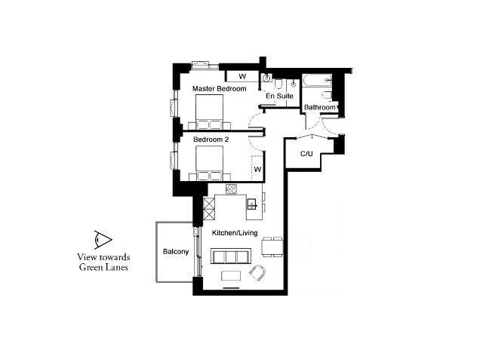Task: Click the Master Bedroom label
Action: pyautogui.click(x=220, y=89)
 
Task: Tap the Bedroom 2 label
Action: pyautogui.click(x=211, y=140)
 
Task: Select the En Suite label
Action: pyautogui.click(x=280, y=96)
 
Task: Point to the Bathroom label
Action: pyautogui.click(x=320, y=107)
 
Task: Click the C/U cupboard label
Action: pyautogui.click(x=306, y=153)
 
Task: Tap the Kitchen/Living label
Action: pyautogui.click(x=235, y=233)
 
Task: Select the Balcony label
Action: pyautogui.click(x=176, y=251)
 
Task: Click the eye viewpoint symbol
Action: pyautogui.click(x=103, y=240)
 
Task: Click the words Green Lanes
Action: pyautogui.click(x=103, y=267)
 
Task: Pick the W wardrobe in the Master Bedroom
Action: pyautogui.click(x=242, y=76)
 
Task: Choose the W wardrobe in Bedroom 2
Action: pyautogui.click(x=257, y=169)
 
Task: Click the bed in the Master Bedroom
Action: pyautogui.click(x=210, y=112)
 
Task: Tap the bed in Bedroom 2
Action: pyautogui.click(x=210, y=163)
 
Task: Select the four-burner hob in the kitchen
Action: pyautogui.click(x=231, y=189)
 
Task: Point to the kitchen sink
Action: pyautogui.click(x=252, y=204)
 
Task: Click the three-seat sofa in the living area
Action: pyautogui.click(x=231, y=256)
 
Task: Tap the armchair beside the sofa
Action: pyautogui.click(x=257, y=273)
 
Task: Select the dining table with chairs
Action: pyautogui.click(x=272, y=247)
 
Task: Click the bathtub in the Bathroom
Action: pyautogui.click(x=317, y=81)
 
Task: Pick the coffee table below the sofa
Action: pyautogui.click(x=231, y=275)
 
